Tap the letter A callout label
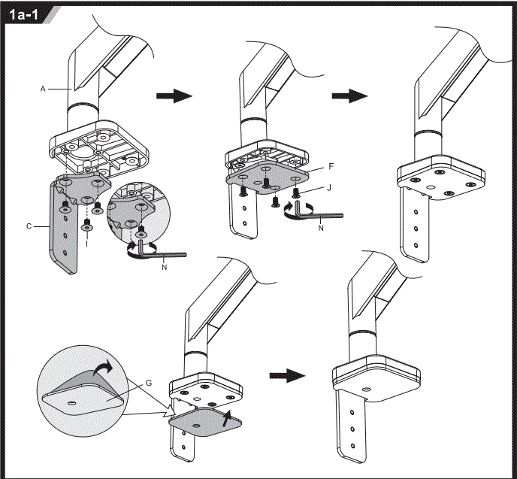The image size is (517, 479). click(x=44, y=89)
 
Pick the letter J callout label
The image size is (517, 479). click(x=329, y=188)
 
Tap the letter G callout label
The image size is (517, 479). click(x=148, y=383)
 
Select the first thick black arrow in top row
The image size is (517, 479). click(x=174, y=96)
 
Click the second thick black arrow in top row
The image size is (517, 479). click(x=349, y=96)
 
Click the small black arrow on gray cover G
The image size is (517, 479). click(x=228, y=416)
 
